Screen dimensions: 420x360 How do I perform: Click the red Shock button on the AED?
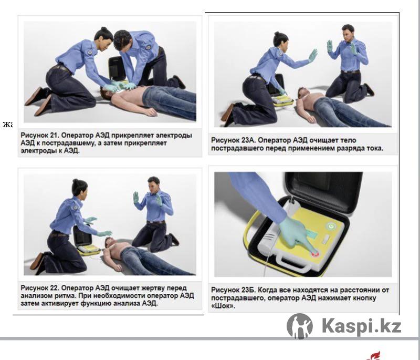tap(314, 254)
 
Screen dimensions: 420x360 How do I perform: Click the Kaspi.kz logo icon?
tap(300, 326)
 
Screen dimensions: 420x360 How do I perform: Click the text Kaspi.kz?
tap(361, 326)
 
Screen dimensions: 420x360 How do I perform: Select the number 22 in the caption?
tap(54, 288)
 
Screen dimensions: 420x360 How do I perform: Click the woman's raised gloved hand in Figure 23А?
tap(312, 55)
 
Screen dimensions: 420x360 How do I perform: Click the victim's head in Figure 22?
tap(109, 242)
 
